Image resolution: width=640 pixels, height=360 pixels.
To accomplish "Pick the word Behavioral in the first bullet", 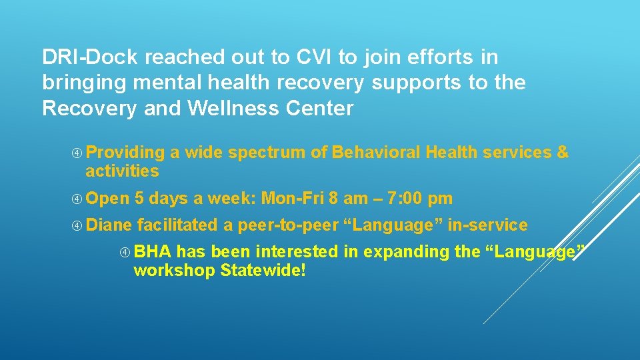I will tap(376, 153).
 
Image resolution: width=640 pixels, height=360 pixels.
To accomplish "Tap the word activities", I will tap(122, 171).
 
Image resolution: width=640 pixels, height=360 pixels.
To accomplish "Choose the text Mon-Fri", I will tap(293, 199).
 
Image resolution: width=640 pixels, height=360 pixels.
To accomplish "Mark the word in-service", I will tap(487, 225).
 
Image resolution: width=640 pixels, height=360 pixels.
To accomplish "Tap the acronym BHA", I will tap(153, 252).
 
